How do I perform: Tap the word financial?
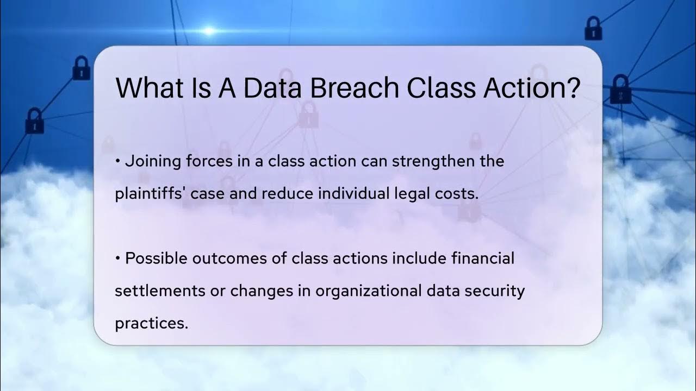(483, 258)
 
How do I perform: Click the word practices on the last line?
(151, 323)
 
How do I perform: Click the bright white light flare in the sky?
(209, 31)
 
